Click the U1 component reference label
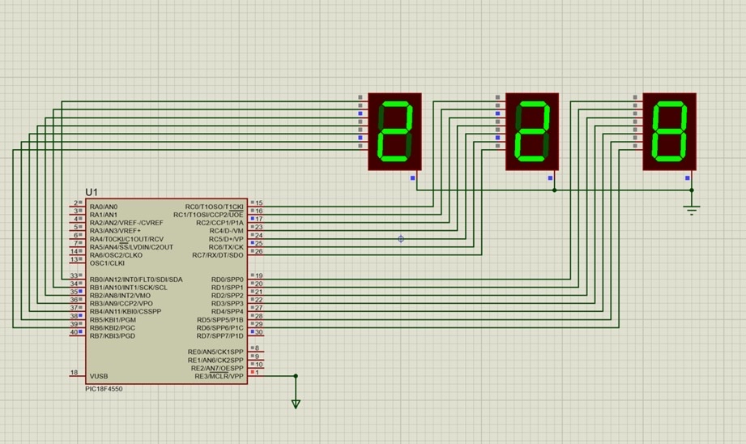[92, 192]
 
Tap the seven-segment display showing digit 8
[669, 131]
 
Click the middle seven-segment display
[532, 131]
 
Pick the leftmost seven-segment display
[395, 131]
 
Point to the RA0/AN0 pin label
[104, 207]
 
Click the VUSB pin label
[99, 376]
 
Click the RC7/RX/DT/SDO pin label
[217, 255]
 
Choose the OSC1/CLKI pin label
[107, 263]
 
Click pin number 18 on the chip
[74, 373]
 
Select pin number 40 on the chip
[73, 332]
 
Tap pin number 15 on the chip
[259, 203]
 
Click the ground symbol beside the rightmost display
[692, 210]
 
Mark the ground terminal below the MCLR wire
[296, 403]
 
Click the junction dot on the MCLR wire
[296, 376]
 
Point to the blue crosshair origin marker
[401, 239]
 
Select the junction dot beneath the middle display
[554, 190]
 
